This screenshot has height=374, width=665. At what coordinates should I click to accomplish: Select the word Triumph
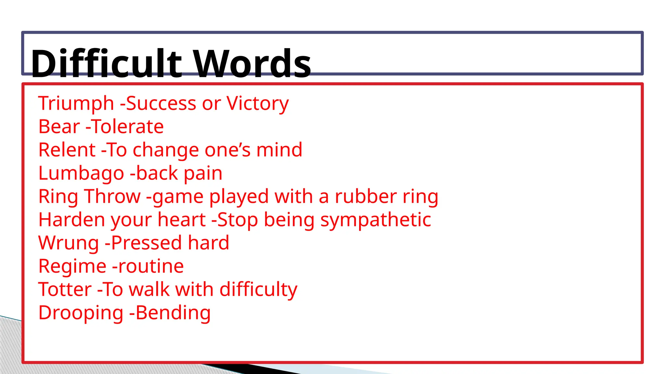(x=76, y=104)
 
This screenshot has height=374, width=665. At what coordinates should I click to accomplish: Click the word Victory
(x=257, y=104)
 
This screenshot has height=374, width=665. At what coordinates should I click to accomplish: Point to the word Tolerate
(x=128, y=127)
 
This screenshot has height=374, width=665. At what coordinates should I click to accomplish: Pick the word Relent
(x=67, y=150)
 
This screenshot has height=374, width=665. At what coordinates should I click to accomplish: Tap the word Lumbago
(x=81, y=174)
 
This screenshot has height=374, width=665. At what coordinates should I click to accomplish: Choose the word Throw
(x=112, y=196)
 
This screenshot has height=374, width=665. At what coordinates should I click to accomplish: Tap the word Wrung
(x=69, y=243)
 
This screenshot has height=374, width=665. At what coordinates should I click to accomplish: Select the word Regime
(x=72, y=267)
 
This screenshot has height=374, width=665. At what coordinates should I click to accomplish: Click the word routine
(x=151, y=266)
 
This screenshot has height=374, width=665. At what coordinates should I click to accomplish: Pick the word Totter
(x=65, y=289)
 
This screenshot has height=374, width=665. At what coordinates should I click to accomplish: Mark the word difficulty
(x=258, y=290)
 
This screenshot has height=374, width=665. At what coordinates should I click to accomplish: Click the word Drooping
(x=81, y=313)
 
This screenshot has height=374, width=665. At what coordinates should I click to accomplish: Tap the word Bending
(x=173, y=313)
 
